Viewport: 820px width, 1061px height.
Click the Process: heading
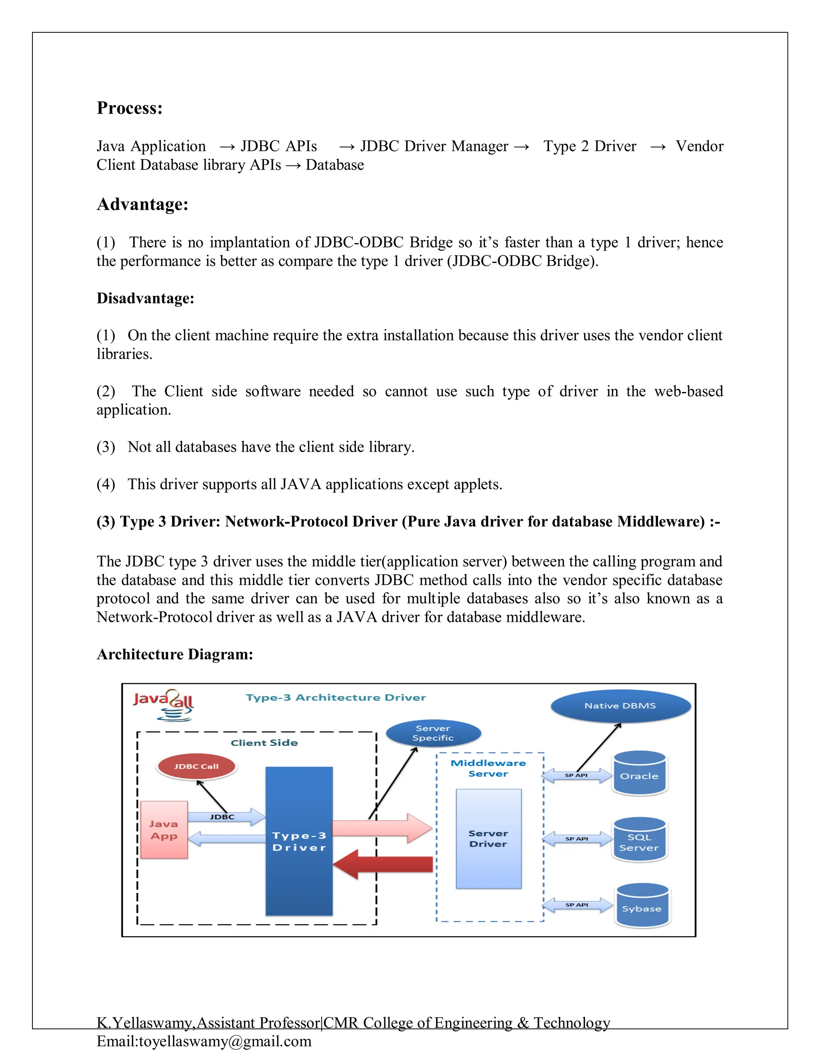coord(129,108)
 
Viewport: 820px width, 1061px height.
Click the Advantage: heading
coord(142,204)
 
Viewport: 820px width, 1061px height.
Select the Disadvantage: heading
coord(145,298)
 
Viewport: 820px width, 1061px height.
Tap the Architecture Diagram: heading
coord(175,654)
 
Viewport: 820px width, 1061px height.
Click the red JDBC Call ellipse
coord(196,766)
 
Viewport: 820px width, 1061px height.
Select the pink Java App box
coord(164,830)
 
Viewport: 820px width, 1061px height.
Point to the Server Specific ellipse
coord(433,733)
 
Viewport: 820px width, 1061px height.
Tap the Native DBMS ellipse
coord(620,705)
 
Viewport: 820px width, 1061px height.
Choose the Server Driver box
coord(488,838)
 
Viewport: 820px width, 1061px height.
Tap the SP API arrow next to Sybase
coord(577,904)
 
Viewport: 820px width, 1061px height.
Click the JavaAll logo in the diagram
coord(164,704)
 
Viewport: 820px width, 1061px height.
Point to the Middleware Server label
coord(488,768)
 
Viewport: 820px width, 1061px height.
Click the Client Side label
coord(264,742)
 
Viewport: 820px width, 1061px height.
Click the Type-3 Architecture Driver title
coord(336,697)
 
